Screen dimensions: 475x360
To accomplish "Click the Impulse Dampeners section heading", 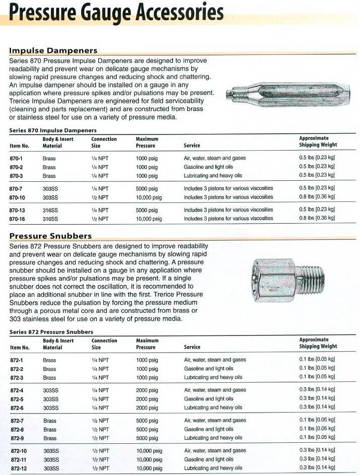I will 53,50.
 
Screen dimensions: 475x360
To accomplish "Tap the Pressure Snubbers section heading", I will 50,236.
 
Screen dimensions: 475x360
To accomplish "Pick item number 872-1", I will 18,360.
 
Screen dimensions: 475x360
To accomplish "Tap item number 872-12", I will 19,468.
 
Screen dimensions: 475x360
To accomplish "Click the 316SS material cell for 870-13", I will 50,210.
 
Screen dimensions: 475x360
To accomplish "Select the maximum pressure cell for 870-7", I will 147,188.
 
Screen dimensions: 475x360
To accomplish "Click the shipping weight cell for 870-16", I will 317,219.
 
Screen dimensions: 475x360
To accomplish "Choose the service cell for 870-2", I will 208,167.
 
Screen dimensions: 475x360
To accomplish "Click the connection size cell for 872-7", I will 100,421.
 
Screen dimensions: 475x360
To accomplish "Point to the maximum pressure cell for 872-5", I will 147,398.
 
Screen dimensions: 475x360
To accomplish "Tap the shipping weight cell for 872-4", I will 317,390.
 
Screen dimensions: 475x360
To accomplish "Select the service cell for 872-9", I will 213,438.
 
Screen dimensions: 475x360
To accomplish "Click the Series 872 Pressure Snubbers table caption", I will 51,332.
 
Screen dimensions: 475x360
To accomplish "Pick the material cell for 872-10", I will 50,451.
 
